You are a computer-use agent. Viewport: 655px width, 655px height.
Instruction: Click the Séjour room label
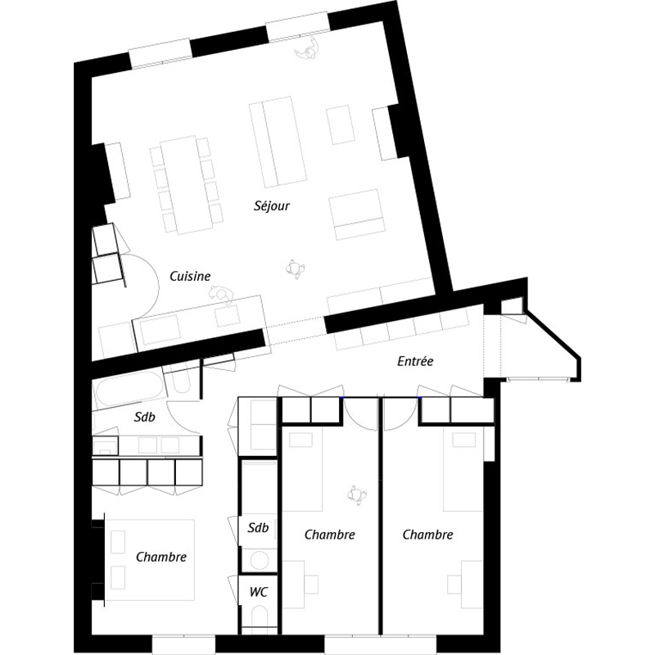[x=272, y=206]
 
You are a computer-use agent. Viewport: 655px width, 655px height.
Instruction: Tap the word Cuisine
[x=190, y=276]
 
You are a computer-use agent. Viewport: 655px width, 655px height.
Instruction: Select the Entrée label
[x=415, y=361]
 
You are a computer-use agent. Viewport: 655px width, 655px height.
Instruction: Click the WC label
[x=259, y=592]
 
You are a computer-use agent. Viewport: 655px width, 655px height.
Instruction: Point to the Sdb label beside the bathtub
[x=145, y=417]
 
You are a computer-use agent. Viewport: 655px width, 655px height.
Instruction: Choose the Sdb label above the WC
[x=258, y=527]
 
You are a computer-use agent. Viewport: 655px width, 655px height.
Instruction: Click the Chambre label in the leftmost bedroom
[x=161, y=557]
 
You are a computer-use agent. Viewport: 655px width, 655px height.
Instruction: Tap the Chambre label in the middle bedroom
[x=330, y=535]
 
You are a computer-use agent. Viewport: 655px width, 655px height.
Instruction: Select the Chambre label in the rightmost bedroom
[x=427, y=535]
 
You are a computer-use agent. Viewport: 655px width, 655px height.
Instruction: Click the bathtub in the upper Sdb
[x=129, y=391]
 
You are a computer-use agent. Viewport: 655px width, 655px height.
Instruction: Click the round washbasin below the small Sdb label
[x=260, y=560]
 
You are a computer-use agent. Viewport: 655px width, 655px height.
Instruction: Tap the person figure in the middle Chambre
[x=356, y=495]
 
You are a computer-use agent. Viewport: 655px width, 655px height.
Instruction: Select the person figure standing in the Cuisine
[x=221, y=295]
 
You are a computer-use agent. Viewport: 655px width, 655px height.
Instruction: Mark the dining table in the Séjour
[x=187, y=185]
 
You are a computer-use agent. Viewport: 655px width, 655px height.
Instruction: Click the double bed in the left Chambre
[x=150, y=560]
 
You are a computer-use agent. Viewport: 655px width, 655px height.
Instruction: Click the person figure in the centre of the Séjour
[x=296, y=269]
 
